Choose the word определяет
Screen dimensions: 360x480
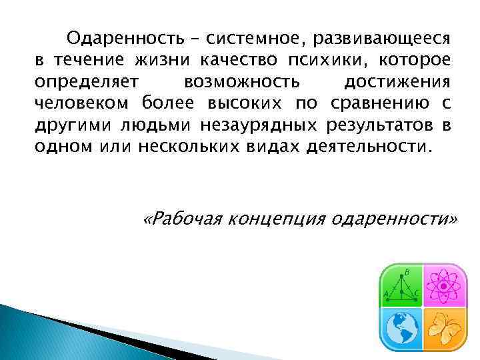86,83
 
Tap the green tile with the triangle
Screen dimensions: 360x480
402,285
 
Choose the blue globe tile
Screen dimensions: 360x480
402,327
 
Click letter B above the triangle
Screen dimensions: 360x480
407,271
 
